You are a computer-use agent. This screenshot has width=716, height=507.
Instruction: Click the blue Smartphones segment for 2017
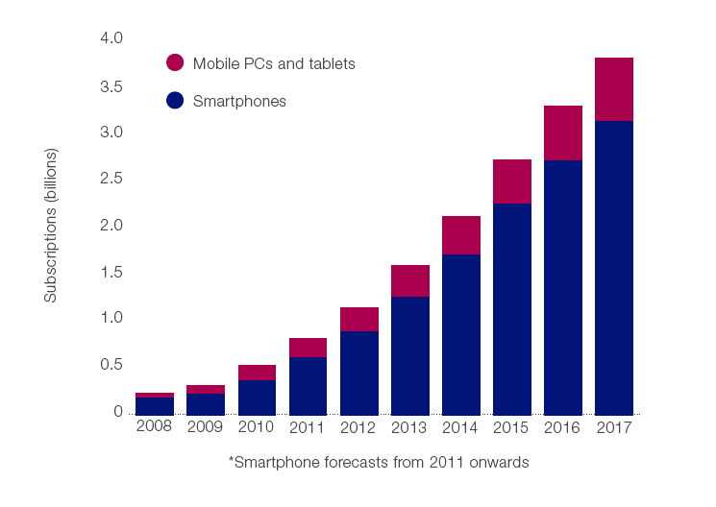click(x=614, y=267)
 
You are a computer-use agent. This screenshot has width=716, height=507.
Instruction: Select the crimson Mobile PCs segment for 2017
click(x=614, y=89)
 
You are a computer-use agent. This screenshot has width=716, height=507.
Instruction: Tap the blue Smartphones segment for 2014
click(x=461, y=334)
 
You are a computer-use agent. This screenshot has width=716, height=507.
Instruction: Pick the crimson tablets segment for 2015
click(x=512, y=181)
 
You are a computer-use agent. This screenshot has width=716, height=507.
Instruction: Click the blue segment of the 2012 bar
click(x=359, y=373)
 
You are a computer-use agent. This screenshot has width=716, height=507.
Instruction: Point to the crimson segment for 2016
click(x=563, y=133)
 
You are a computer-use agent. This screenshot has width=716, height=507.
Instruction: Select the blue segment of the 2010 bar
click(x=258, y=397)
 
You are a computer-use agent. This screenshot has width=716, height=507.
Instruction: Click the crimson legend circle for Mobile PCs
click(x=175, y=63)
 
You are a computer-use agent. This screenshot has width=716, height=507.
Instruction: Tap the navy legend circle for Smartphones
click(x=175, y=100)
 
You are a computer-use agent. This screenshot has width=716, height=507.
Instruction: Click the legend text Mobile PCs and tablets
click(x=274, y=63)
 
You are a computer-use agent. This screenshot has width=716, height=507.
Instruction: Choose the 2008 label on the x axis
click(x=155, y=426)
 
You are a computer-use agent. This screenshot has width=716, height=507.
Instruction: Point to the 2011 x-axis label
click(x=308, y=426)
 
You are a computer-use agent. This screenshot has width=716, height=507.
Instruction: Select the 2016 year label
click(x=563, y=426)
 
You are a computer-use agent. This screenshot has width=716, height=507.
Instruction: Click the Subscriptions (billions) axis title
click(x=51, y=226)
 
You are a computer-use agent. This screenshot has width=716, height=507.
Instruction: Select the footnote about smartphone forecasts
click(x=379, y=462)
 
